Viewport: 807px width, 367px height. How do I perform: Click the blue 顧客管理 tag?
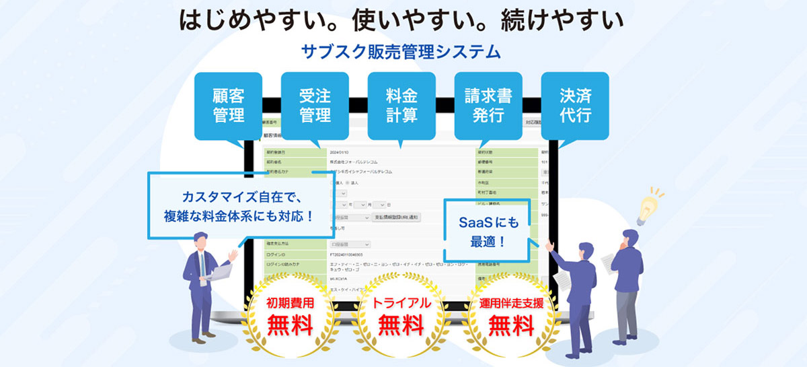[229, 106]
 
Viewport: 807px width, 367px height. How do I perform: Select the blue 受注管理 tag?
[315, 106]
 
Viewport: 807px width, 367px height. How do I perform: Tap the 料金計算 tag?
[401, 106]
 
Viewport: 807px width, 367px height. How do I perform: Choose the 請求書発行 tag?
[488, 106]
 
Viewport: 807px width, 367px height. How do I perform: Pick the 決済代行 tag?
[575, 106]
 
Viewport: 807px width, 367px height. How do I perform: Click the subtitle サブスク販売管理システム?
[402, 52]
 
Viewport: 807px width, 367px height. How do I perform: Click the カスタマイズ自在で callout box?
[239, 206]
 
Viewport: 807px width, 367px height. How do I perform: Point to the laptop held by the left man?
[217, 272]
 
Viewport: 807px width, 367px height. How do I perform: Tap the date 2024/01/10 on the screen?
[342, 152]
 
